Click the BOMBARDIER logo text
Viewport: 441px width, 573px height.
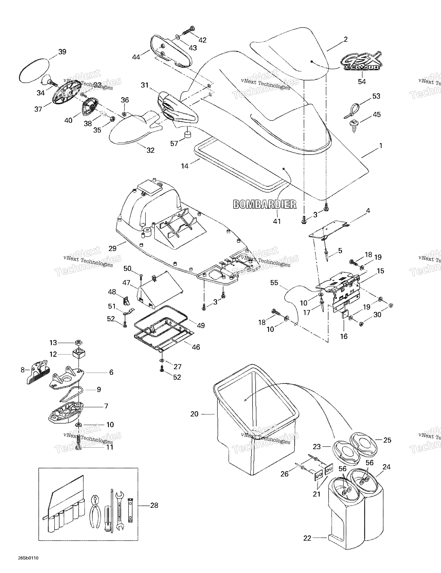265,204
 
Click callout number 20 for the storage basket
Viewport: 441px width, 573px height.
194,414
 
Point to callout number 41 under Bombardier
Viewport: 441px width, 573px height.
277,221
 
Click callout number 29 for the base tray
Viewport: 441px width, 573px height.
112,248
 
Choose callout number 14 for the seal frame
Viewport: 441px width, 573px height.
185,166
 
